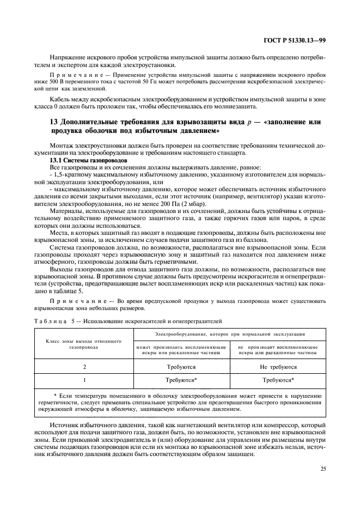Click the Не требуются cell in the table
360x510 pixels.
278,367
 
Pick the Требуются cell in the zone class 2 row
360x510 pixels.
180,367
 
